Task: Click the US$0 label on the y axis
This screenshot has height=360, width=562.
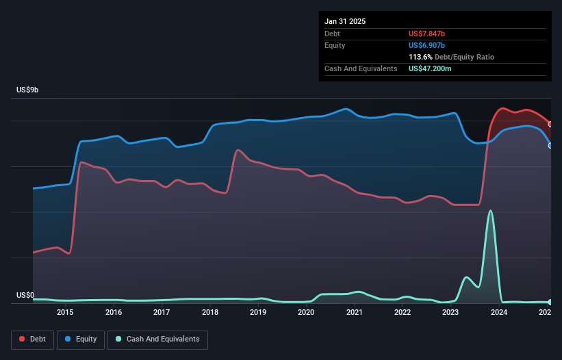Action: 25,296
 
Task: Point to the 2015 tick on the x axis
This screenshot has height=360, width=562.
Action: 65,313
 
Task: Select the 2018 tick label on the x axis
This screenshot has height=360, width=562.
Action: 210,313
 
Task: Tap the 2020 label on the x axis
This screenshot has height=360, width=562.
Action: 306,313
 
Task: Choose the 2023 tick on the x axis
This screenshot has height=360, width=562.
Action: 450,313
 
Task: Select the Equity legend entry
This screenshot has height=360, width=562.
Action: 81,339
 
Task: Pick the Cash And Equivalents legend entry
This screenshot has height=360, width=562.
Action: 157,339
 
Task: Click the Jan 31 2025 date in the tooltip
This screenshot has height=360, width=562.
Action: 345,21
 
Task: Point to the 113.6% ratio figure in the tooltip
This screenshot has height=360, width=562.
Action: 420,57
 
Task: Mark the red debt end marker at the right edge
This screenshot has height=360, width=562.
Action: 550,124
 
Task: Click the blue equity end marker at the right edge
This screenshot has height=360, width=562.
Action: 550,145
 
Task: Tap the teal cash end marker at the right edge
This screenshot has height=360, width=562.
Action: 550,302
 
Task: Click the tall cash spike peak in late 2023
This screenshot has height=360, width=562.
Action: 490,211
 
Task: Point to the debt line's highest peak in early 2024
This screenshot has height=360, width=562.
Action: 503,108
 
